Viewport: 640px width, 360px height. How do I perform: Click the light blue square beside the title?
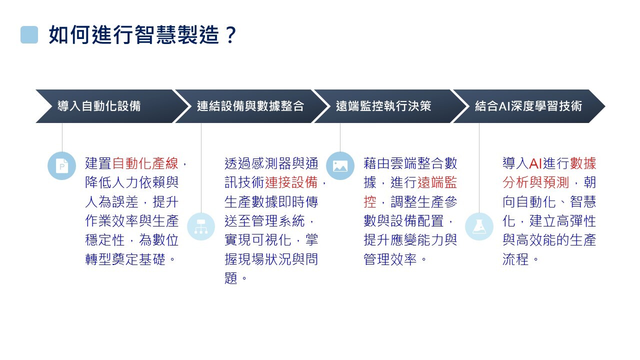coord(29,35)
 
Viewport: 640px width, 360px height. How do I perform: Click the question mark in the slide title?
coord(230,35)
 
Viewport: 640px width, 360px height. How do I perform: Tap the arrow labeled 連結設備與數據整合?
coord(251,106)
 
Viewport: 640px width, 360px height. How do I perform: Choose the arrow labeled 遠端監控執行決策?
coord(390,106)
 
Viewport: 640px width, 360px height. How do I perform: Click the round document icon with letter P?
coord(61,165)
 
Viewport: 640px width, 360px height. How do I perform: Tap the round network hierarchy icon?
coord(201,226)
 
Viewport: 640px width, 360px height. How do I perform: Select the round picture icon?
coord(340,165)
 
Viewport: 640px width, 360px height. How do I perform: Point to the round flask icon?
coord(479,226)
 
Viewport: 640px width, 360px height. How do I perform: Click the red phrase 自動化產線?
coord(145,163)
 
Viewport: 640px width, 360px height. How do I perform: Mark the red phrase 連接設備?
coord(291,182)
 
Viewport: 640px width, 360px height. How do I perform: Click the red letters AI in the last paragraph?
coord(535,163)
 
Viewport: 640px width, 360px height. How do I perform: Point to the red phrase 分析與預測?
coord(536,182)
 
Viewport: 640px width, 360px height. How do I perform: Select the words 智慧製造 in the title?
coord(177,35)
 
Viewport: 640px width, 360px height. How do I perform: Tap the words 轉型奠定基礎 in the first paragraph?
coord(125,259)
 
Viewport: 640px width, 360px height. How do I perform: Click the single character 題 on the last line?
coord(231,278)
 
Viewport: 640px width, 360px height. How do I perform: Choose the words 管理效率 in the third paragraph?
coord(390,259)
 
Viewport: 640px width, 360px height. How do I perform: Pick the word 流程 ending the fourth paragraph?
coord(515,259)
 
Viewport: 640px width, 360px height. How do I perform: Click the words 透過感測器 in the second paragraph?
coord(258,163)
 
